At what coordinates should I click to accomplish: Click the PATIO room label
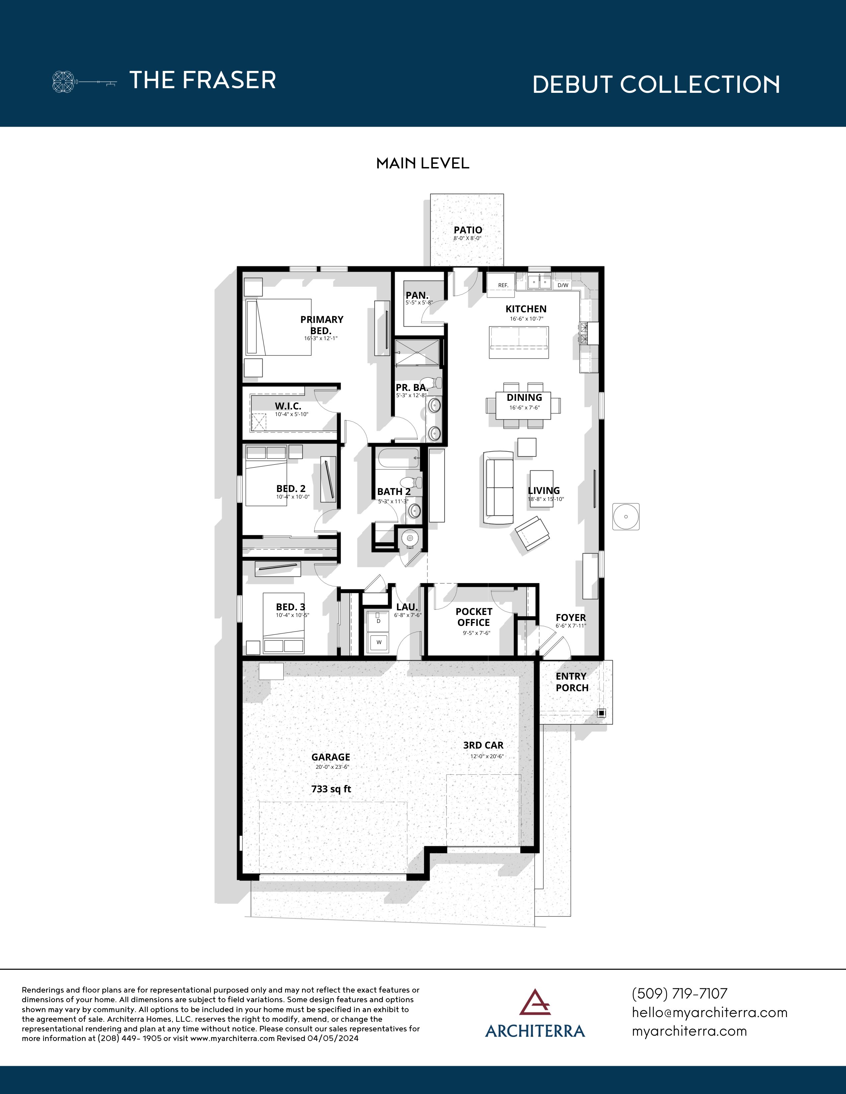click(x=467, y=230)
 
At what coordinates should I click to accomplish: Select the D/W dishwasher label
click(x=563, y=285)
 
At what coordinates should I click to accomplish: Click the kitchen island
click(x=519, y=342)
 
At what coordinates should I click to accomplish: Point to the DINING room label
click(x=524, y=397)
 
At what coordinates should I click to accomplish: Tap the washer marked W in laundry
click(x=379, y=642)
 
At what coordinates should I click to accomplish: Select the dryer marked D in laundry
click(x=379, y=621)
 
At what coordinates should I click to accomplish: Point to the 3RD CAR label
click(x=483, y=745)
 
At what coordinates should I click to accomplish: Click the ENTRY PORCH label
click(x=571, y=682)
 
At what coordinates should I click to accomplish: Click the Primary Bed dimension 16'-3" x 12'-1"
click(x=321, y=338)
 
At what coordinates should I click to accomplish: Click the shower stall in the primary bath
click(x=416, y=352)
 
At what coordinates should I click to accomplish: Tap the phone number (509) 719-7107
click(x=679, y=993)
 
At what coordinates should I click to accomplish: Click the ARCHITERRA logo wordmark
click(x=535, y=1031)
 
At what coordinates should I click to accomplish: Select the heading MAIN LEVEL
click(x=422, y=163)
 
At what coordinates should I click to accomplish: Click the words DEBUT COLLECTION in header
click(x=656, y=84)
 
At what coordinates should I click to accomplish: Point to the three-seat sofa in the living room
click(x=499, y=487)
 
